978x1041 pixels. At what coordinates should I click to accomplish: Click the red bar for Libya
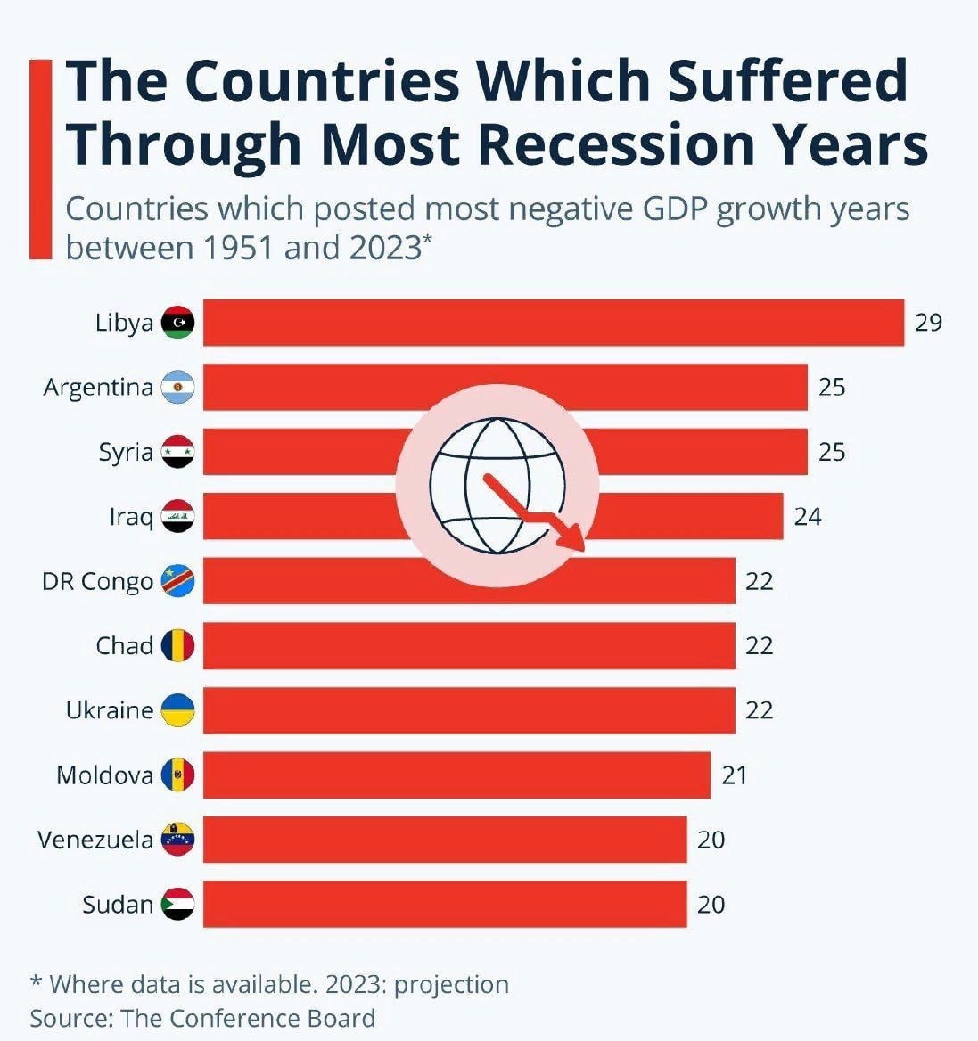point(553,323)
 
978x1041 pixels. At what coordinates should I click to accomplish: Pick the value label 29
point(928,323)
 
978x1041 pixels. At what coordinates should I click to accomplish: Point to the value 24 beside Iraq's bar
point(807,517)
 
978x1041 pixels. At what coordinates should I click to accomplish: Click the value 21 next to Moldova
point(734,775)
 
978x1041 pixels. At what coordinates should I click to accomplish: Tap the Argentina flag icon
point(177,388)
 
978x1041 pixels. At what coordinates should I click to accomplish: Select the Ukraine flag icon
point(177,710)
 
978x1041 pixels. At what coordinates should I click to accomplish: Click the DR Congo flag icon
point(177,582)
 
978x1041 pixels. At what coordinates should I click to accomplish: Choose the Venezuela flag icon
point(177,840)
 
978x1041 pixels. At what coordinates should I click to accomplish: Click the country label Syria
point(126,453)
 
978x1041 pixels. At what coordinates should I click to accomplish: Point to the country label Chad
point(125,645)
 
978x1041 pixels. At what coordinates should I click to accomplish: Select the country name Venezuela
point(95,840)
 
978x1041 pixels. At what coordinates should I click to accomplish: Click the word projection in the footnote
point(451,985)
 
